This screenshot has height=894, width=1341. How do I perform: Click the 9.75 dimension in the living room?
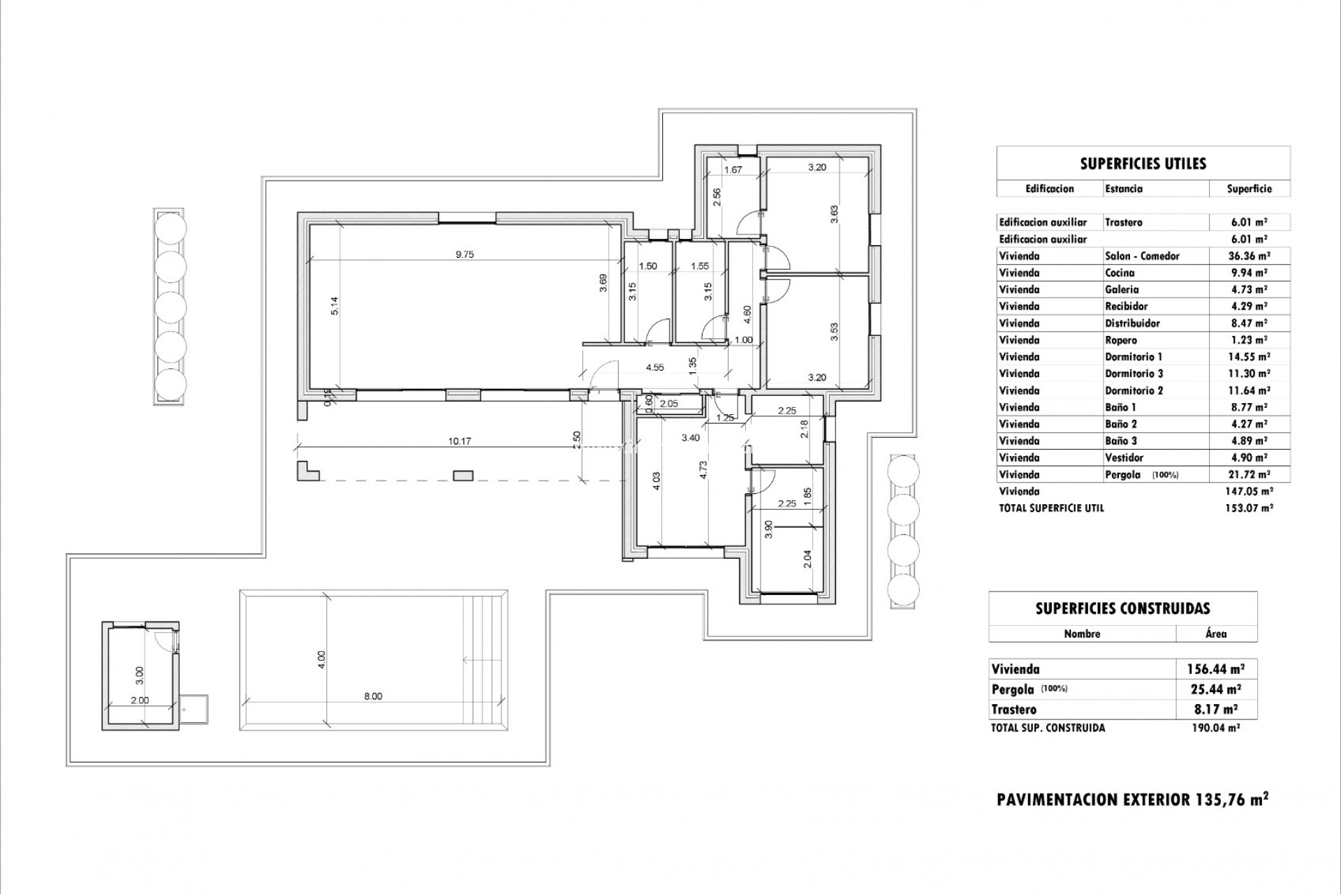click(x=464, y=255)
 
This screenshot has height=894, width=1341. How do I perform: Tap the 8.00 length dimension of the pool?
click(x=373, y=696)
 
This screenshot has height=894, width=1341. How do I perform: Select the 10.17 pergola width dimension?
click(x=460, y=441)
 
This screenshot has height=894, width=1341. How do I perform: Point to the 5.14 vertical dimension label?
click(x=335, y=306)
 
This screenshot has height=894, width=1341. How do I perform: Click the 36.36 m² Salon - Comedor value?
click(x=1249, y=256)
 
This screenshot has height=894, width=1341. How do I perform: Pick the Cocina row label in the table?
click(x=1120, y=273)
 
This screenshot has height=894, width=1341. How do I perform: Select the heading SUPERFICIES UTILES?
click(x=1143, y=164)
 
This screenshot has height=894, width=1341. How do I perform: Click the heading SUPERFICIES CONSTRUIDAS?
click(x=1122, y=609)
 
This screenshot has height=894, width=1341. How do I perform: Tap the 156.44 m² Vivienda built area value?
click(x=1216, y=669)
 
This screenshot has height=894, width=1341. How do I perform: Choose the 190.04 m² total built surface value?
click(x=1215, y=728)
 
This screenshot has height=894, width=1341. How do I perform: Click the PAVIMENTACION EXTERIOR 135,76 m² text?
click(x=1132, y=800)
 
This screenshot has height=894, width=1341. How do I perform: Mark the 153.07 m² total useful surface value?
click(x=1249, y=508)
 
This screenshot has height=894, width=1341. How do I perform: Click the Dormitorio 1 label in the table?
click(x=1134, y=357)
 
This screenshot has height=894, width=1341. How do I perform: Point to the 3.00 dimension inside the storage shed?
click(x=140, y=675)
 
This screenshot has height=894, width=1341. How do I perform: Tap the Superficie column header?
click(x=1249, y=189)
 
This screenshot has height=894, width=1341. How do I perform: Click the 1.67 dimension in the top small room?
click(x=732, y=170)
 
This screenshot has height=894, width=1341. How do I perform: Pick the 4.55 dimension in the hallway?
click(x=654, y=367)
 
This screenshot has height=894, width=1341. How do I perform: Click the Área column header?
click(x=1216, y=634)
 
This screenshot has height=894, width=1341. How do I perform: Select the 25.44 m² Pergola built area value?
click(x=1216, y=689)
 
